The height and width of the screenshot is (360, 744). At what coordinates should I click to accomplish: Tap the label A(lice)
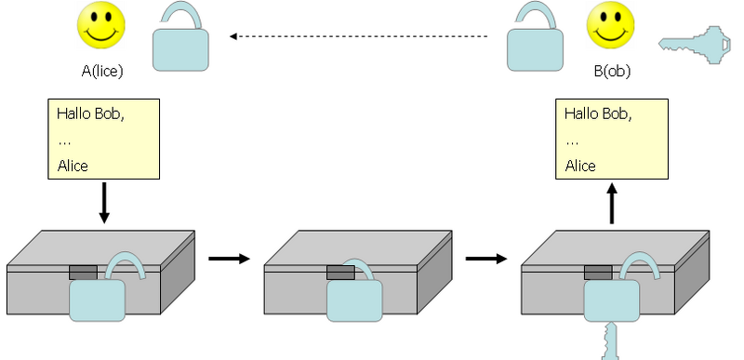coord(102,70)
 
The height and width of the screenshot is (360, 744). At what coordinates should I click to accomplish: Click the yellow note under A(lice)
coord(103,139)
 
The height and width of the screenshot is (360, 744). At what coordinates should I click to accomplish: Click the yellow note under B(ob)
coord(612,139)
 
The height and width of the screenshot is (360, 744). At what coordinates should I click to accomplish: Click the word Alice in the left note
coord(73,166)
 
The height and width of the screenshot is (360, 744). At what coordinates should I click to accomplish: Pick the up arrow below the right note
coord(612,203)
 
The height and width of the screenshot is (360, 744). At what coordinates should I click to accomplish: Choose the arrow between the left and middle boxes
coord(229,257)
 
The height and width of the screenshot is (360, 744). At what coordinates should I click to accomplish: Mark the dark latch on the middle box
coord(339,273)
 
